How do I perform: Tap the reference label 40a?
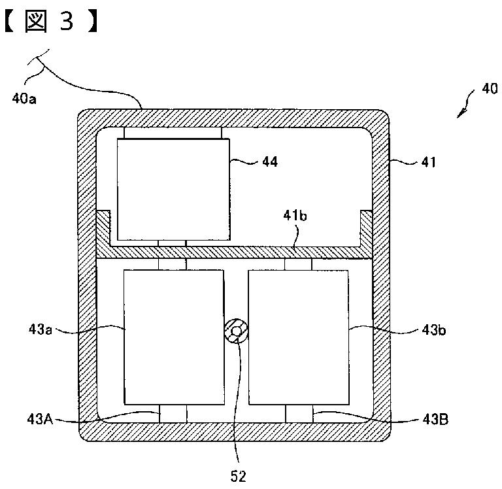point(25,99)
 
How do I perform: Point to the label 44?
point(269,161)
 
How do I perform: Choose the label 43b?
point(434,330)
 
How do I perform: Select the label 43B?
point(435,418)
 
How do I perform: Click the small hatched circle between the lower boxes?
point(237,332)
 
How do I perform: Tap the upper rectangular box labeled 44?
point(173,189)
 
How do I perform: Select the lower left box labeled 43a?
point(175,337)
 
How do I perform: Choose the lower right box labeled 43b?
point(299,337)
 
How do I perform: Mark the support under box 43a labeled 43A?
point(173,413)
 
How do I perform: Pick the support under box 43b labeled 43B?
point(299,413)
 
